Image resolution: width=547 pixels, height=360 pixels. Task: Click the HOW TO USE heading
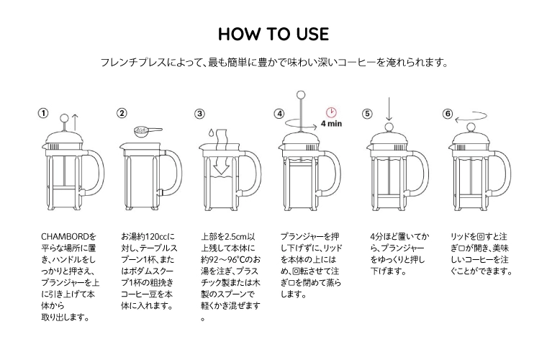tap(273, 34)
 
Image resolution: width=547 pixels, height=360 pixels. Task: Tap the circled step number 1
tap(44, 114)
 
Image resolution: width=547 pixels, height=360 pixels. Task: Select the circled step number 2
tap(122, 113)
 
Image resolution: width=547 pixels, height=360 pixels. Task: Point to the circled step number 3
tap(200, 114)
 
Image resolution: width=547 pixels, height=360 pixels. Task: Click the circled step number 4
tap(279, 114)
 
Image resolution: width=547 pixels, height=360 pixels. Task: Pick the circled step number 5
tap(367, 114)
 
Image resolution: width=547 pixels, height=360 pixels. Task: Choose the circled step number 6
tap(448, 114)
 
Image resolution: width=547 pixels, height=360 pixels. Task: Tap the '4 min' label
tap(331, 124)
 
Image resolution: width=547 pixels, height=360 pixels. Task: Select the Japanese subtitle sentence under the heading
tap(273, 63)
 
